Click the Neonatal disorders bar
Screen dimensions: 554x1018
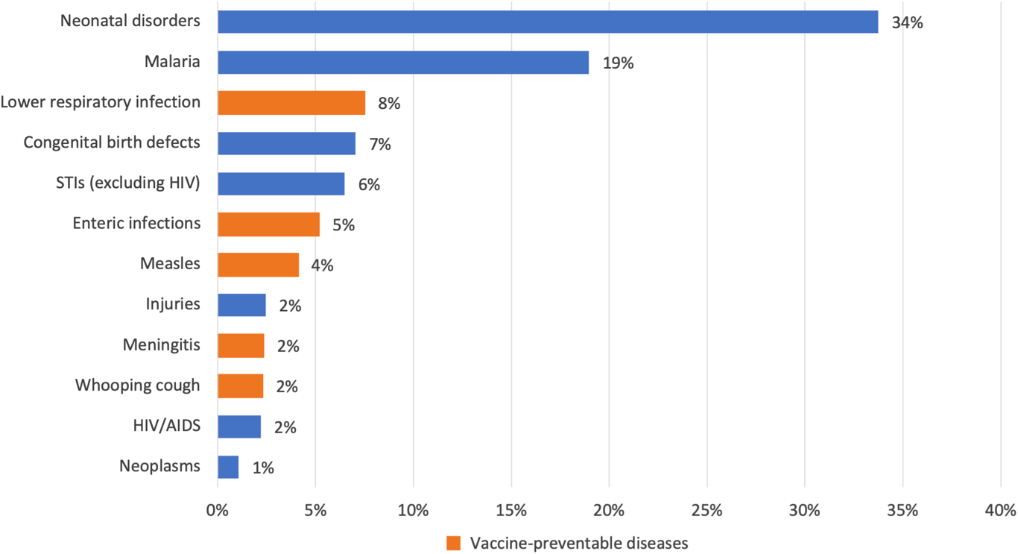coord(548,22)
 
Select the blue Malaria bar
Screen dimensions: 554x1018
coord(403,63)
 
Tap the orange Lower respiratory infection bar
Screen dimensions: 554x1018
coord(291,103)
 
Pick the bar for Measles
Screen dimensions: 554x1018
coord(258,265)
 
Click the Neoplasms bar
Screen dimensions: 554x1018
coord(228,468)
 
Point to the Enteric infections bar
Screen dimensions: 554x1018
coord(268,224)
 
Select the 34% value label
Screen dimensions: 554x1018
coord(907,23)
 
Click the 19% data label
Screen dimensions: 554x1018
coord(618,63)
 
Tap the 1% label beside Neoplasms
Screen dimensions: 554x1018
coord(263,468)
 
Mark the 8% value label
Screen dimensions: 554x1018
coord(389,104)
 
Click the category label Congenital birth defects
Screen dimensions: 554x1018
coord(112,142)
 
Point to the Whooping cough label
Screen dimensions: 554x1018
coord(137,385)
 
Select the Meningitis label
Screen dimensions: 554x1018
coord(161,344)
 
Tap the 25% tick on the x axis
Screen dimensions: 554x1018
coord(706,511)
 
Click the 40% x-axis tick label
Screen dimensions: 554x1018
coord(1000,511)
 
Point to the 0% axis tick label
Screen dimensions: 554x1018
coord(218,511)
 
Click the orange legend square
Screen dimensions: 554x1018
coord(454,543)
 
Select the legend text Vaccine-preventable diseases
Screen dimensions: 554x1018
coord(578,543)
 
